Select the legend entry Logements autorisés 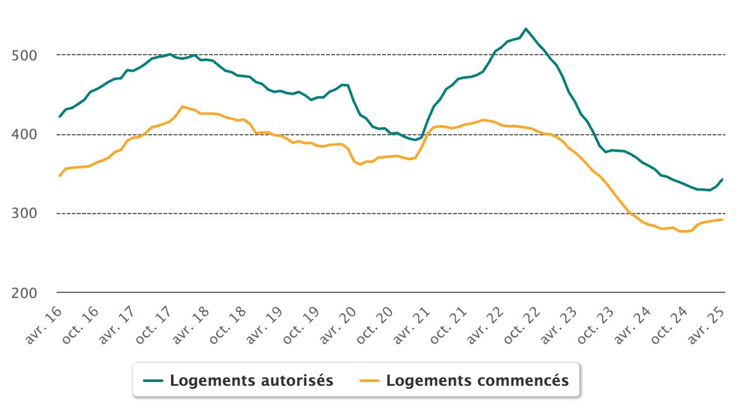(x=251, y=381)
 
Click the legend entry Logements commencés (x=477, y=381)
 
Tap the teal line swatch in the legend (x=154, y=381)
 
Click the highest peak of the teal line (x=526, y=29)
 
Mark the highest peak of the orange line (x=182, y=106)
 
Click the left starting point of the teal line (x=60, y=117)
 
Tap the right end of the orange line (x=722, y=220)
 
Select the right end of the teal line (x=722, y=179)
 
